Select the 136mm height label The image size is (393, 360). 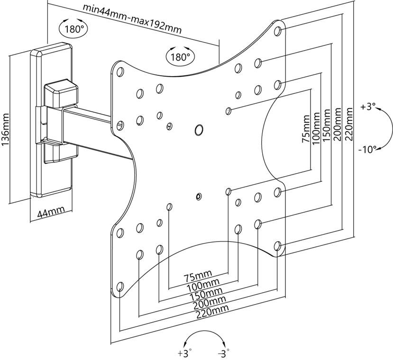click(6, 130)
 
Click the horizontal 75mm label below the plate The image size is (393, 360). click(199, 277)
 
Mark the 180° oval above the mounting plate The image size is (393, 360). click(180, 57)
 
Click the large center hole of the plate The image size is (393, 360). click(199, 129)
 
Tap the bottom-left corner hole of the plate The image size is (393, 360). click(120, 286)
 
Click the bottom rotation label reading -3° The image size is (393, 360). click(223, 353)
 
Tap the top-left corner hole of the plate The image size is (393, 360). click(119, 72)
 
